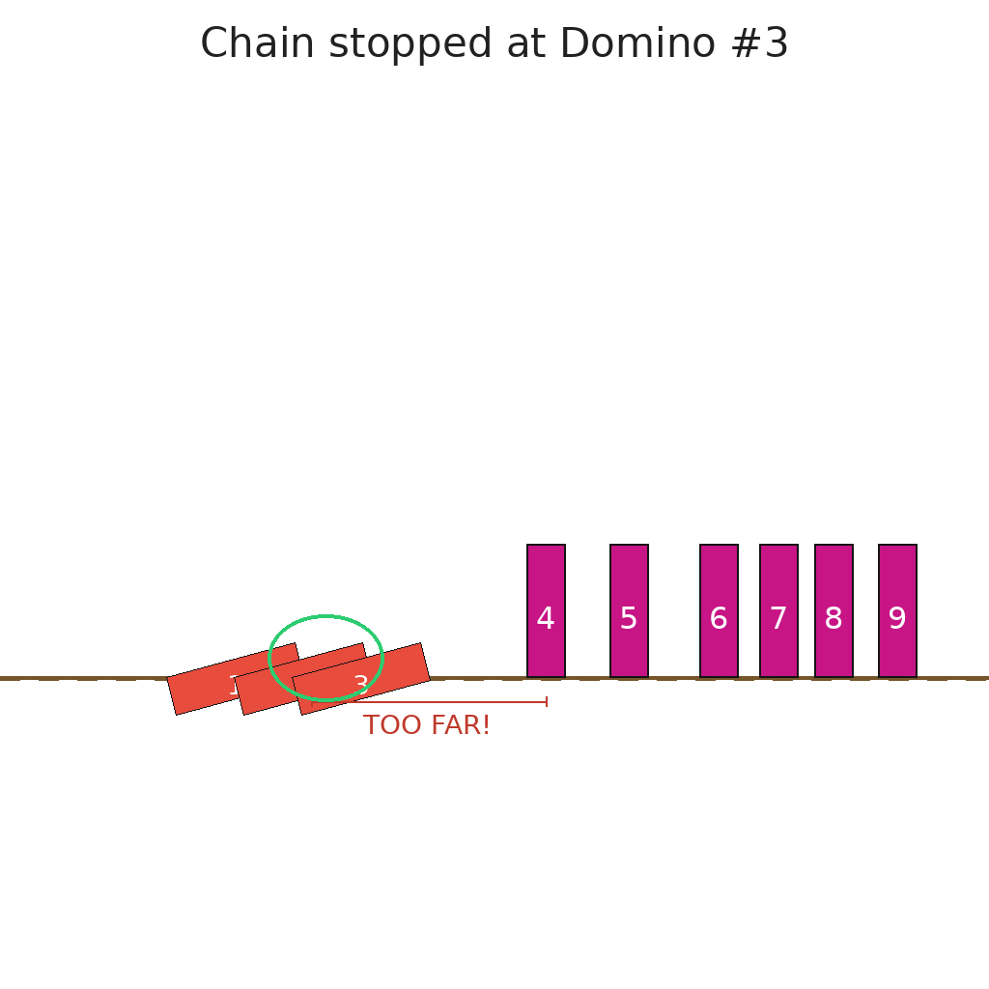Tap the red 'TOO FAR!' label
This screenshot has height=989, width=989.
(x=427, y=726)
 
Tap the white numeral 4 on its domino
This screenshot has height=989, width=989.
(x=546, y=619)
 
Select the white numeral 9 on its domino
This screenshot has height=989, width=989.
(x=897, y=619)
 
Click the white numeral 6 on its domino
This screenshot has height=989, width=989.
(x=719, y=619)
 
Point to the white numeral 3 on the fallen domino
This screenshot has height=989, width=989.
(x=361, y=685)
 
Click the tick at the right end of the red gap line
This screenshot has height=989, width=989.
(x=547, y=702)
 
